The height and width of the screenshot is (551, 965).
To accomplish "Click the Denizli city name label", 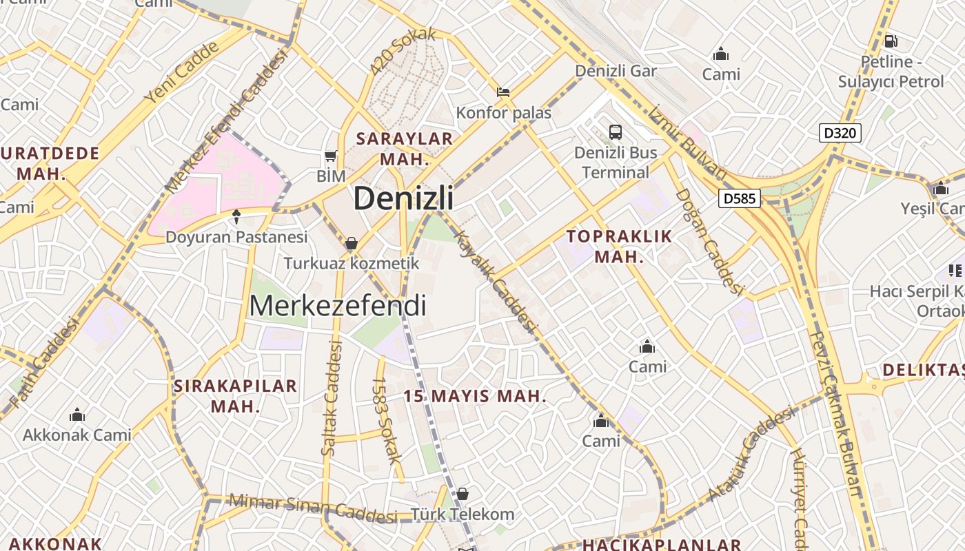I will [x=403, y=198].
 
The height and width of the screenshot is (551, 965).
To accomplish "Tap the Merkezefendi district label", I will [x=338, y=305].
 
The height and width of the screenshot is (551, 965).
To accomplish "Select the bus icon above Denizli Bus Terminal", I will [x=616, y=132].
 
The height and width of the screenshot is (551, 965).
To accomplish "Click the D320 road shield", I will [x=840, y=132].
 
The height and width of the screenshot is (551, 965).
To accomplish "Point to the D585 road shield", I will [x=740, y=199].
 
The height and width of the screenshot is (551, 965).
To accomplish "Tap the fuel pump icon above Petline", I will [x=891, y=41].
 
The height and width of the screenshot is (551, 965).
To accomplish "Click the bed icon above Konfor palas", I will [x=504, y=92].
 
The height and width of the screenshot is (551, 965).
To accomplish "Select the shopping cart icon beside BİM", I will [x=331, y=156].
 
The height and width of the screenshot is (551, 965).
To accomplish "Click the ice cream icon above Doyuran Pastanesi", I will [x=236, y=217].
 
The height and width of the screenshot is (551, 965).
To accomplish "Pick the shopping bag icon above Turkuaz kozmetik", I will [x=352, y=243].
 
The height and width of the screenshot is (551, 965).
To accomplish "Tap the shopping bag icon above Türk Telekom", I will [x=463, y=494].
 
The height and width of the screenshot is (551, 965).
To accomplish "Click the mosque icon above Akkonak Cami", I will [x=77, y=415].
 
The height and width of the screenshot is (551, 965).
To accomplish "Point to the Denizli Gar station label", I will [x=616, y=70].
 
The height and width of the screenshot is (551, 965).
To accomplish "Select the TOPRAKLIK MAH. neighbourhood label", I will [x=619, y=247].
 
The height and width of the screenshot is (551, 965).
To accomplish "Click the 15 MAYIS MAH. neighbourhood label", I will [x=475, y=396].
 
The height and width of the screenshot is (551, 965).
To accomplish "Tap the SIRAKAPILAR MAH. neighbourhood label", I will [x=235, y=395].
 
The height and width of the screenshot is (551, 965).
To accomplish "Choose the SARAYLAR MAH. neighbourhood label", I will [x=405, y=148].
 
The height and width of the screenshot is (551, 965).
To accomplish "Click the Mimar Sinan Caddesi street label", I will [x=314, y=508].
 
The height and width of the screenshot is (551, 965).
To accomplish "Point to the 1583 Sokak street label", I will [x=387, y=428].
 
